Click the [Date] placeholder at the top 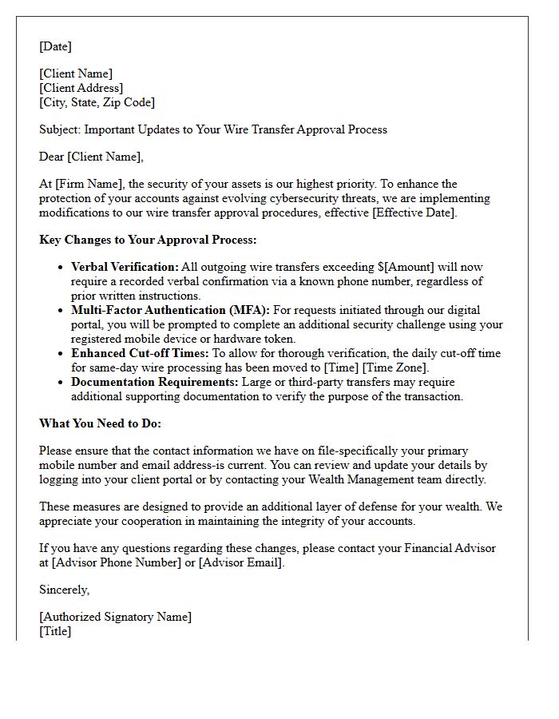55,46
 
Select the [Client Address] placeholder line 81,88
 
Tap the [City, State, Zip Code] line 97,102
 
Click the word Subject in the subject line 60,129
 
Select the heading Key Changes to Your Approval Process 148,240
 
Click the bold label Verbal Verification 124,267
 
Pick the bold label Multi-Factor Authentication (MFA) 170,310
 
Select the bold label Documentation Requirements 154,382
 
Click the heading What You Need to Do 100,423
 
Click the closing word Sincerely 64,590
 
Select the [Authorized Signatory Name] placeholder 116,617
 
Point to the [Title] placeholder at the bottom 55,631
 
